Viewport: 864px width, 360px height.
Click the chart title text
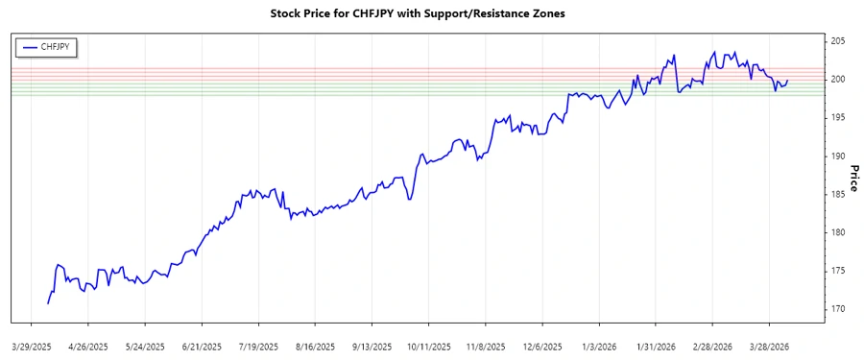(x=431, y=14)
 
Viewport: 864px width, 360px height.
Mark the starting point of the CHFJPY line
(x=47, y=303)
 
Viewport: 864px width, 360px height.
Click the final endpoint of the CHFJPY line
(x=788, y=81)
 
